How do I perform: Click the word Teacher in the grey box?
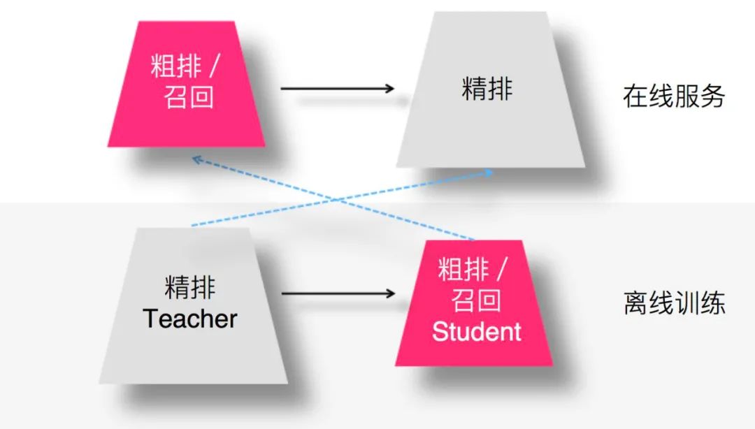(190, 319)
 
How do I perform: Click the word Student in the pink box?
(476, 330)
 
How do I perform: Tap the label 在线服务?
(673, 96)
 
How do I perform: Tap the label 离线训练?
(673, 303)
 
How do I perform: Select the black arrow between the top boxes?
(336, 89)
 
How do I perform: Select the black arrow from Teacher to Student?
(336, 293)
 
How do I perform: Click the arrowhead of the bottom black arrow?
(389, 293)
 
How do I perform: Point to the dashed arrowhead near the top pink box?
(196, 159)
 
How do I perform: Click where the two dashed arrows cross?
(334, 200)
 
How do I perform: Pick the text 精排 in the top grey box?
(487, 89)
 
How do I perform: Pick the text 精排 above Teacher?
(190, 286)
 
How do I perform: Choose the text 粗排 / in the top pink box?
(185, 66)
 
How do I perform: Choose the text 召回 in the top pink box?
(185, 97)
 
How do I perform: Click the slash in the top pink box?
(215, 67)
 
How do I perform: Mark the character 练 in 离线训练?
(714, 303)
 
